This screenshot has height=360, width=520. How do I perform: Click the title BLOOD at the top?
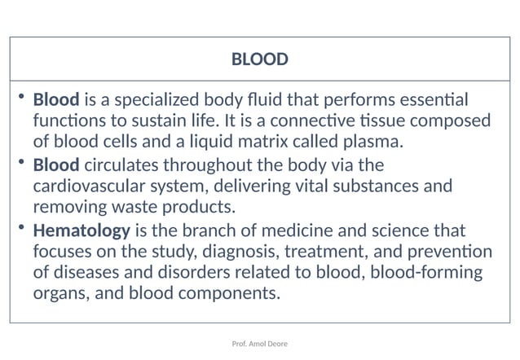tap(260, 59)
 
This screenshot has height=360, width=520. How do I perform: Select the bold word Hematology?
tap(82, 230)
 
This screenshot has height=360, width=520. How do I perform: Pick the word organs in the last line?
tap(62, 293)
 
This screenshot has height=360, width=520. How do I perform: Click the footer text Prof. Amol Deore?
tap(260, 344)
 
